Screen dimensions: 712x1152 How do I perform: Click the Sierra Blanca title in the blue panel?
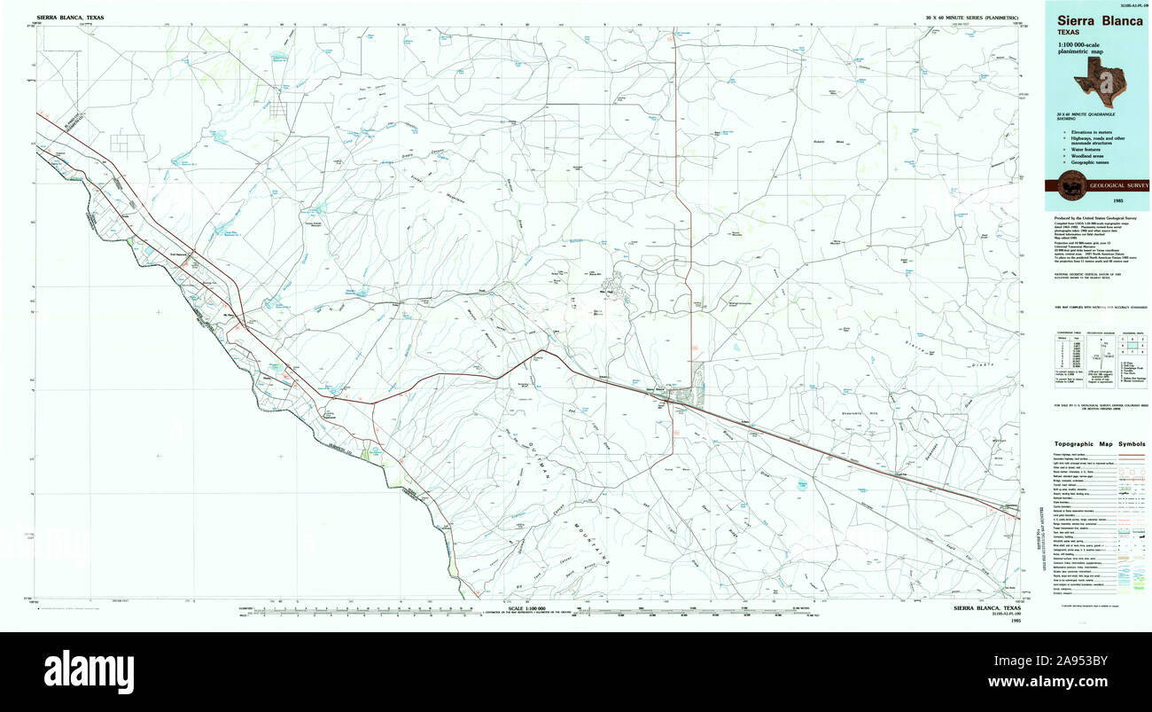pos(1099,21)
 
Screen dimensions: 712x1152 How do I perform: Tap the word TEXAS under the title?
pos(1068,33)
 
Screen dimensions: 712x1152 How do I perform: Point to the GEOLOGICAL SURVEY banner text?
pos(1118,185)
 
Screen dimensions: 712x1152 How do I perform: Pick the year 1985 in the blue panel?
pos(1097,200)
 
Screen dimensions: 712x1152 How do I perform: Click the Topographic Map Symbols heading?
pos(1099,443)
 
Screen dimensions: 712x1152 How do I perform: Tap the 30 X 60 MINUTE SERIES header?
pos(973,18)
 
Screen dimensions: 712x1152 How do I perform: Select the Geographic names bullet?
pos(1091,163)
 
